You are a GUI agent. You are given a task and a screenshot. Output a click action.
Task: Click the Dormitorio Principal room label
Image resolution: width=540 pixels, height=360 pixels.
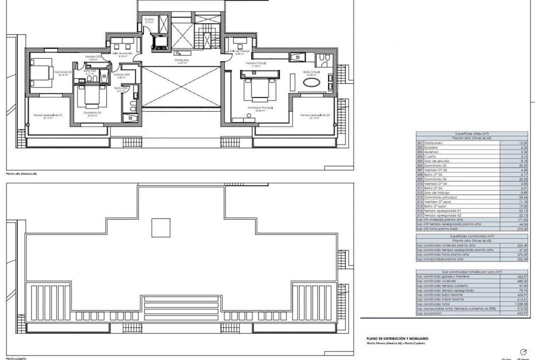point(259,108)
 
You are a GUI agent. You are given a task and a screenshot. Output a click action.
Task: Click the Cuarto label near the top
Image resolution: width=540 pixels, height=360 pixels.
point(149,20)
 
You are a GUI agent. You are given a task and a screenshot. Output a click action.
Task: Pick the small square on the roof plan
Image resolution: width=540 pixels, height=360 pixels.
point(160,228)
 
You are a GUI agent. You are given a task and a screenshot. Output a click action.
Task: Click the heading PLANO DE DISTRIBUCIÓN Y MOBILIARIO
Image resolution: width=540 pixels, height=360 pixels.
point(397,338)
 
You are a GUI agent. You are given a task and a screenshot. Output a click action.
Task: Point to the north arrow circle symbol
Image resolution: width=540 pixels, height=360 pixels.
point(523,351)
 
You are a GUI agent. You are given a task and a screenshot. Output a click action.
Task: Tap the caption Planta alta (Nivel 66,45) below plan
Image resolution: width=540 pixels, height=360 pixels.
point(21,173)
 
